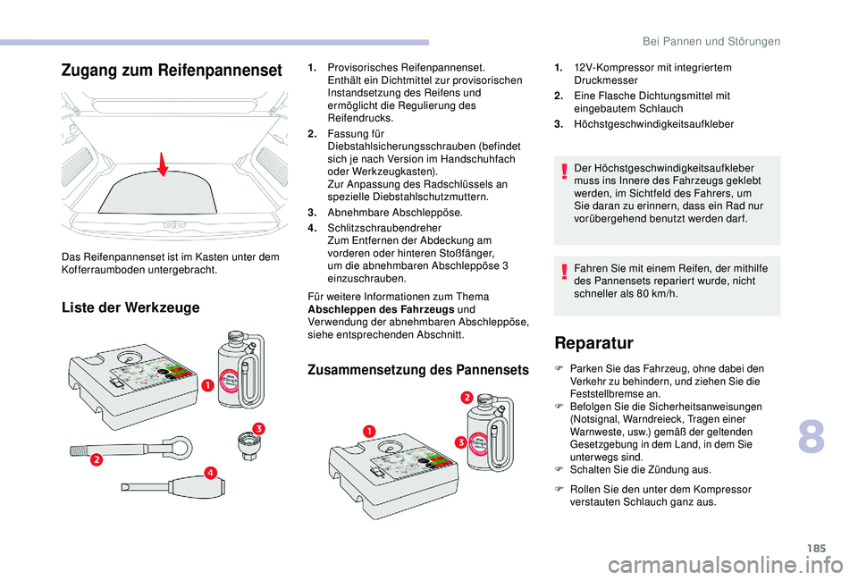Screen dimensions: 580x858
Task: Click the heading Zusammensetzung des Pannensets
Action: (x=417, y=368)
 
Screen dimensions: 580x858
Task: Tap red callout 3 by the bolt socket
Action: (x=258, y=431)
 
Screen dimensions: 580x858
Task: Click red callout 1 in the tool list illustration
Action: (x=206, y=385)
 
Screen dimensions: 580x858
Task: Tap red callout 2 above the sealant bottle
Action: (x=467, y=396)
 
